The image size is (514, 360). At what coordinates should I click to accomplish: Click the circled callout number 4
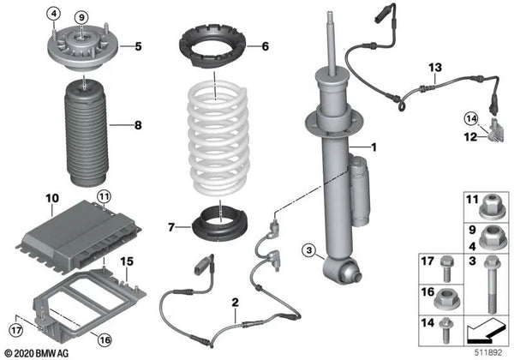point(53,14)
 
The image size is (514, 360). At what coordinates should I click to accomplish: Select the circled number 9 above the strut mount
point(81,17)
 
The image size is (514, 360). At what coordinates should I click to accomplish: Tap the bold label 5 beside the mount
point(138,46)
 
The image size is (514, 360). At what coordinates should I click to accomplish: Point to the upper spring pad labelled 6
point(212,45)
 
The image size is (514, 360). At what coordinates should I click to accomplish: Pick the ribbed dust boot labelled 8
point(87,135)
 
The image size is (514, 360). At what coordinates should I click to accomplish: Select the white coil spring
point(218,140)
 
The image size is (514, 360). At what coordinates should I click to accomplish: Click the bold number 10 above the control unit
point(52,198)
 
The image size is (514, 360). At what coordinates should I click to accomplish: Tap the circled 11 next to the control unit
point(104,197)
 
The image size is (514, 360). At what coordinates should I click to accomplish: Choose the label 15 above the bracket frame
point(127,261)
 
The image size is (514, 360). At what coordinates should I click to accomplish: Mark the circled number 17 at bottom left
point(15,330)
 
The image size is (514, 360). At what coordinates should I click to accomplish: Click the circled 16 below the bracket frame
point(105,339)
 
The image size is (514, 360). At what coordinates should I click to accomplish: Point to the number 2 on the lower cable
point(235,302)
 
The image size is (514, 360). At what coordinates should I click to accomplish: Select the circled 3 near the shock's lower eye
point(309,251)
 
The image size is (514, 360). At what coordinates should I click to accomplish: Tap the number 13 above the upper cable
point(435,68)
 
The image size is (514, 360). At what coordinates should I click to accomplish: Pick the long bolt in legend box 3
point(491,285)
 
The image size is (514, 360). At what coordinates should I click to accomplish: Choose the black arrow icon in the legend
point(485,331)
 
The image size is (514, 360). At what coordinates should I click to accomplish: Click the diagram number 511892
point(489,352)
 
